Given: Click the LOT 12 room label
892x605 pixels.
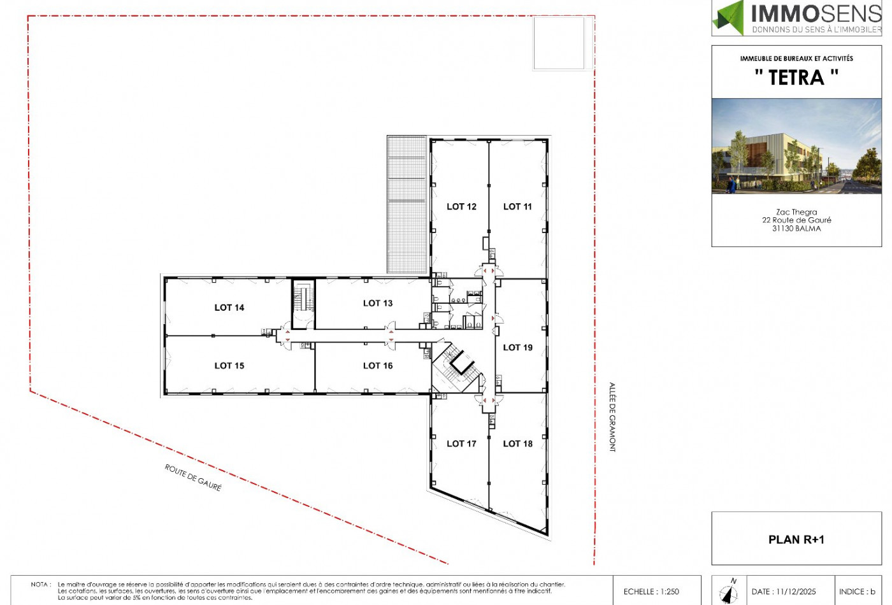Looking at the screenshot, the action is click(x=461, y=206).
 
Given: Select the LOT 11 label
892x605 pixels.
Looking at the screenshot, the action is click(x=517, y=206).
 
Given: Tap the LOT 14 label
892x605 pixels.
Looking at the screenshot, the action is click(x=229, y=307).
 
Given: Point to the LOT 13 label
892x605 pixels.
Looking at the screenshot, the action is click(x=377, y=303).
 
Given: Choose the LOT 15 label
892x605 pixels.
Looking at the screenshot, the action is click(x=229, y=366).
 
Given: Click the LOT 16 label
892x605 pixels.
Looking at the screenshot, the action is click(x=377, y=366).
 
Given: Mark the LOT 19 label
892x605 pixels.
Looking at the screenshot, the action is click(x=517, y=348).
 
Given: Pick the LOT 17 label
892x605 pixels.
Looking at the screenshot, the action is click(x=461, y=443).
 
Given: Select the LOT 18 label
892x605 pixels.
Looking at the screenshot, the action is click(x=517, y=443).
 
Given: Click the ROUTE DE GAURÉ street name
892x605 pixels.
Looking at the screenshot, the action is click(x=193, y=477).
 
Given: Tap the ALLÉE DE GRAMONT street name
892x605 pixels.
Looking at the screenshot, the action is click(x=612, y=417).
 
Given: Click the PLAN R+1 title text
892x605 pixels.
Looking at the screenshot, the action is click(x=796, y=540).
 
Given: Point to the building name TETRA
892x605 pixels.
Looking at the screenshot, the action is click(x=796, y=77).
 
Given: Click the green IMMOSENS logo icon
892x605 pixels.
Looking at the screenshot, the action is click(x=728, y=18).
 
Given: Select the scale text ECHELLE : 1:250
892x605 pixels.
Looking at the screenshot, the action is click(x=651, y=592).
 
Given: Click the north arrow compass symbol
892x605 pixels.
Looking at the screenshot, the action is click(x=729, y=592).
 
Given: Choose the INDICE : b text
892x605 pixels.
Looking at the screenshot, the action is click(x=857, y=592).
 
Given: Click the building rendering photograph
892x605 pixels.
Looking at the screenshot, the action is click(x=796, y=146).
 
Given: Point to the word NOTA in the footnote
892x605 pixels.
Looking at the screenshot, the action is click(x=39, y=585).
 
